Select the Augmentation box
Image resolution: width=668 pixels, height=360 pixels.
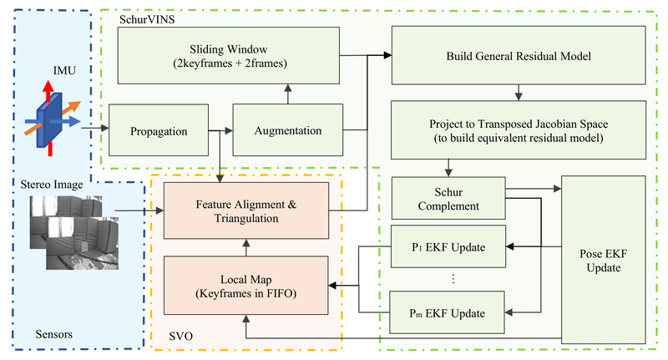point(286,130)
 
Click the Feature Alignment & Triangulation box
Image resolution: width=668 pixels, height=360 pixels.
point(246,208)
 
